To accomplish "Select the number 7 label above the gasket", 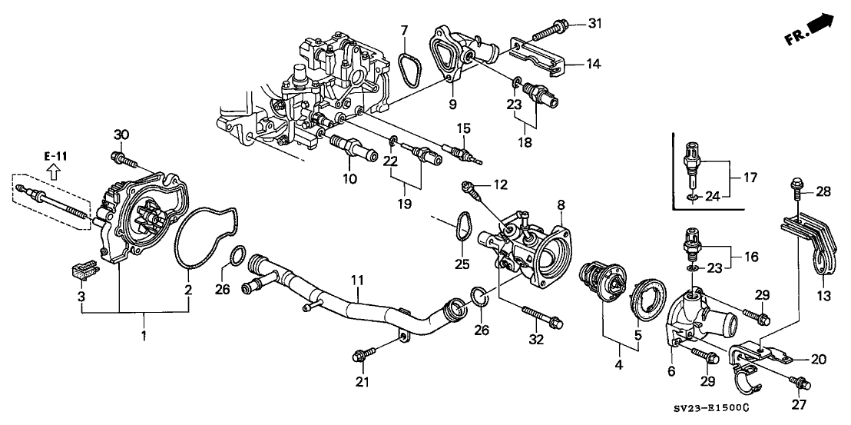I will tap(403, 31).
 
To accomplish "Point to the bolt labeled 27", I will tap(798, 381).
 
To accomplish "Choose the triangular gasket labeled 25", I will tap(461, 229).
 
